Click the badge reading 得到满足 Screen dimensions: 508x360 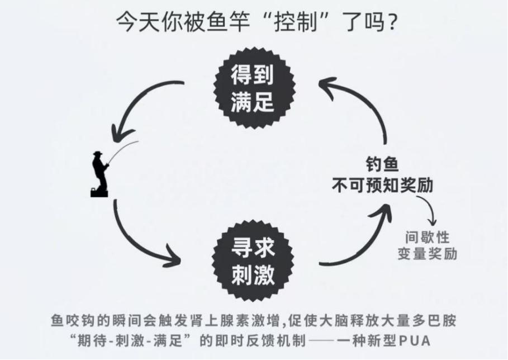(254, 88)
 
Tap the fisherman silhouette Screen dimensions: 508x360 (100, 174)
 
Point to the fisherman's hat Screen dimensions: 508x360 (98, 153)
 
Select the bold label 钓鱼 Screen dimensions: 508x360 (382, 164)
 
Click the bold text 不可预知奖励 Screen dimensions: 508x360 (382, 186)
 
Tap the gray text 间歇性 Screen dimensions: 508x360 (428, 238)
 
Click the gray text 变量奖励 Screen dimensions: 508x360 (428, 254)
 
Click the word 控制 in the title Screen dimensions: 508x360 (296, 22)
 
